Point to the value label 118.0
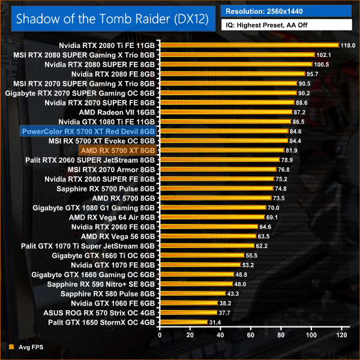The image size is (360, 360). [x=348, y=45]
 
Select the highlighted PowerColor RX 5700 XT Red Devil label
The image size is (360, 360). [x=88, y=131]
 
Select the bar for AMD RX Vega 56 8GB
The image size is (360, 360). [x=208, y=236]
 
